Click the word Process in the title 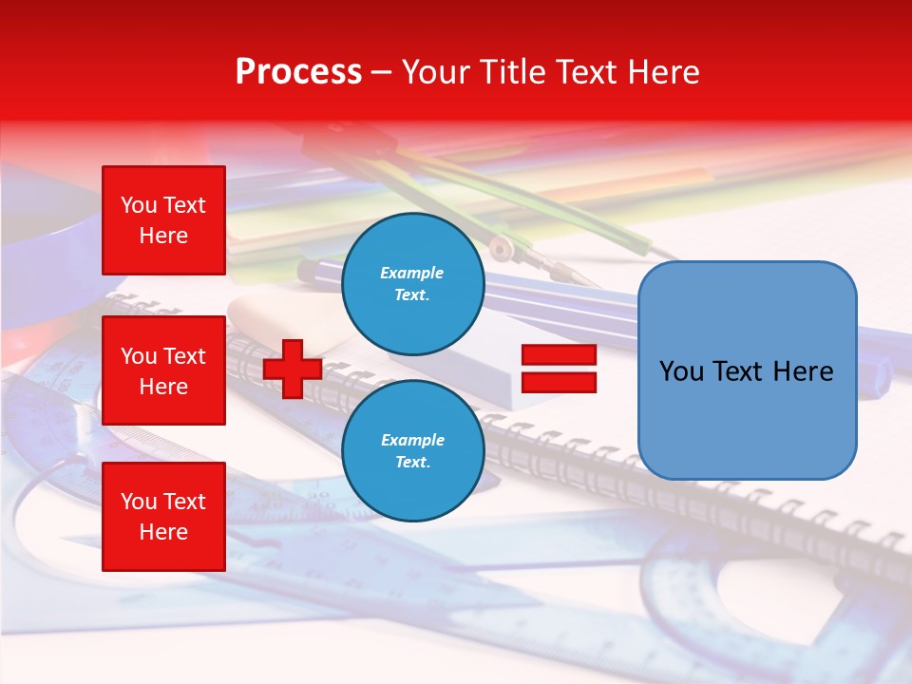[x=298, y=72]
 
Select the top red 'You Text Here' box [x=163, y=220]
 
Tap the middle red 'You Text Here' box [x=163, y=370]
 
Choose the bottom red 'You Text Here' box [x=163, y=517]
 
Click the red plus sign [x=293, y=370]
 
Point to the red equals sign [x=559, y=370]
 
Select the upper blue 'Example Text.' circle [x=412, y=283]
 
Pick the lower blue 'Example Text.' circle [x=412, y=450]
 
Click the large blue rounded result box [x=747, y=370]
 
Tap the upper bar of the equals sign [x=559, y=355]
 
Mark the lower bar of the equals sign [x=559, y=383]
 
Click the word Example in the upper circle [x=412, y=273]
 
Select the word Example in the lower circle [x=412, y=440]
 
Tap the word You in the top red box [x=139, y=205]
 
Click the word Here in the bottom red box [x=163, y=532]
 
